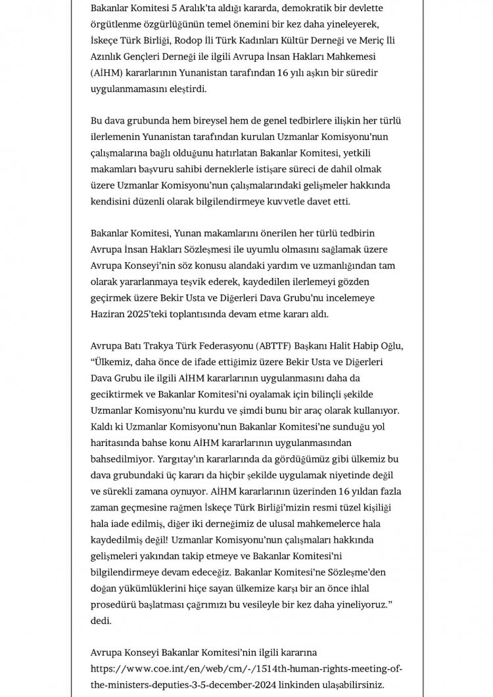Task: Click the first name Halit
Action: pos(329,346)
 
